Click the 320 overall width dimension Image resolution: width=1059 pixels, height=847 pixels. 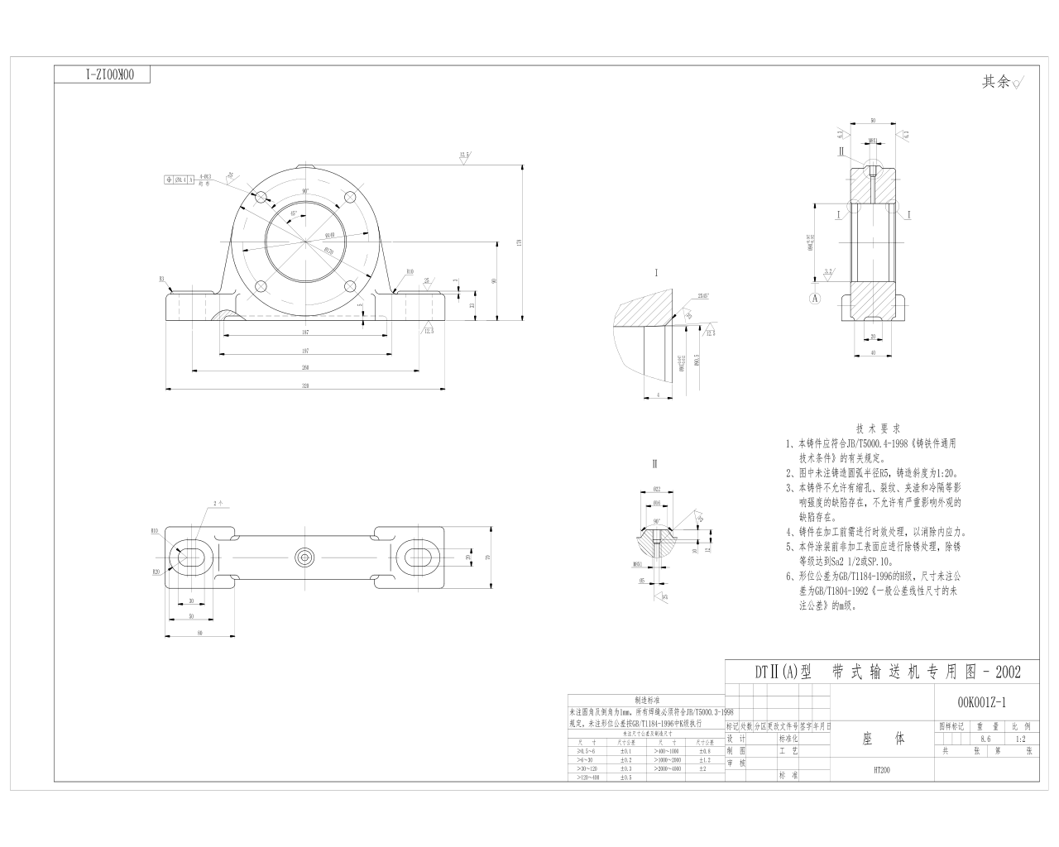point(305,384)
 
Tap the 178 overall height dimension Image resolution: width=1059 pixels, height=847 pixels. point(519,242)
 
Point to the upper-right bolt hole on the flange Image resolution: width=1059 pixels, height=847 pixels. point(349,198)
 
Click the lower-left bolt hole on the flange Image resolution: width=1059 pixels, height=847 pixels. point(261,286)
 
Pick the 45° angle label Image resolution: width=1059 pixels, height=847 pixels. point(293,213)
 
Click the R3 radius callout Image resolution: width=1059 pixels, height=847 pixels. point(162,280)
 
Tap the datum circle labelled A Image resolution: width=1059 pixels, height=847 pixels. point(816,296)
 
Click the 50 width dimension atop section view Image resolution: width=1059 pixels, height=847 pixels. point(872,121)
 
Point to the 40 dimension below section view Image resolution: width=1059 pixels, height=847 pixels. point(872,352)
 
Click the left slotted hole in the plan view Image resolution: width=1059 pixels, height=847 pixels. point(191,557)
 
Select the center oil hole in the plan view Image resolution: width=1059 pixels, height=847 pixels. point(305,557)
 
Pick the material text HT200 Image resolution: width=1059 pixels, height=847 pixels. point(881,769)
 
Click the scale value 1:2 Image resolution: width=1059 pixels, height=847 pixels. point(1019,739)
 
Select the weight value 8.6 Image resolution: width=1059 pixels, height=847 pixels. point(985,739)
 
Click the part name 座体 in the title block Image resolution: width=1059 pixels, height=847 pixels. point(881,738)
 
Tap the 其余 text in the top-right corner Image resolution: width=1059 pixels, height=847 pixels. point(995,82)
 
